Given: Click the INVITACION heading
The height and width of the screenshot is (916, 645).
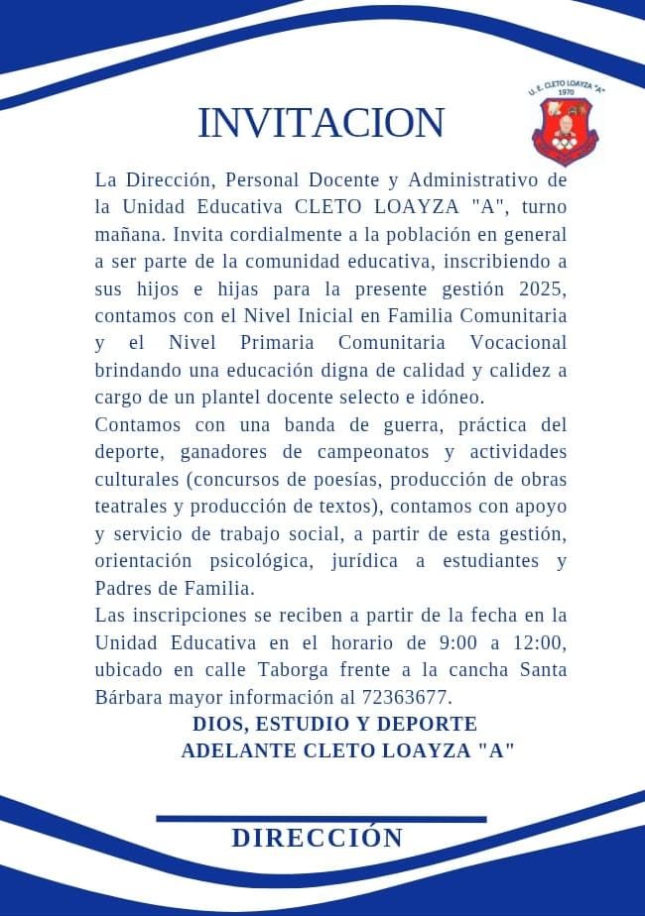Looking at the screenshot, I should coord(321,123).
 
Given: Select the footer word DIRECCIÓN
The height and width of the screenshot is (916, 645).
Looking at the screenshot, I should coord(318,838).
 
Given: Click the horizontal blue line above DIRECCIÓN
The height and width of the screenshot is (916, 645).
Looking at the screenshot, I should coord(322,819).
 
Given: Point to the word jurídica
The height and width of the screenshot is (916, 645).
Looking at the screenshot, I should coord(382,560).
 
